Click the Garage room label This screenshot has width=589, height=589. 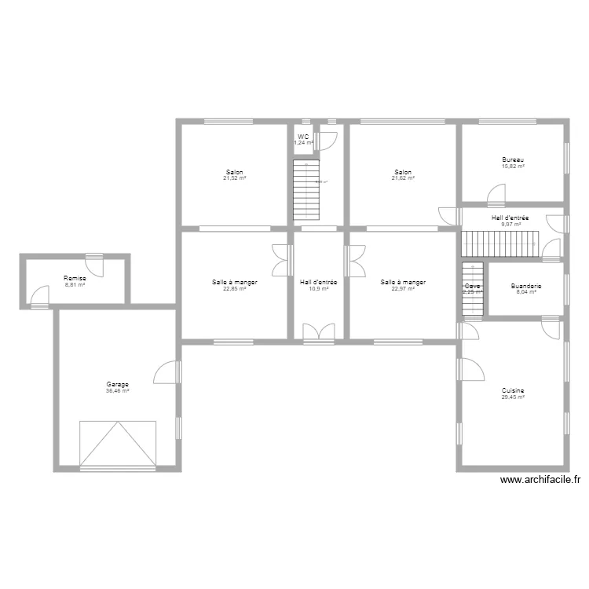(x=118, y=384)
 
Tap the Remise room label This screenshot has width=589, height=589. (x=75, y=278)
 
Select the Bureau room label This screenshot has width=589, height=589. (x=513, y=159)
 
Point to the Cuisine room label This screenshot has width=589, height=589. (x=513, y=390)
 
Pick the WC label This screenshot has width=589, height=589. (x=303, y=137)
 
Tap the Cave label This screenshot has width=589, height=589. (x=471, y=286)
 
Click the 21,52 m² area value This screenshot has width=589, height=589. (x=234, y=178)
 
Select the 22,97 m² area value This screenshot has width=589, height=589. (x=403, y=288)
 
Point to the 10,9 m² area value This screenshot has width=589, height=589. (x=318, y=288)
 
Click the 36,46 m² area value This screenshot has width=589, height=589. (x=118, y=390)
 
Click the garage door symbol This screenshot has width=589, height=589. (x=118, y=444)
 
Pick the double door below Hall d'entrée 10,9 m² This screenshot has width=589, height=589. (x=318, y=332)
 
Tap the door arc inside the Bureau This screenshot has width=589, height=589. (x=497, y=193)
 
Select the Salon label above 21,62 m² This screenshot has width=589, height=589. (x=403, y=172)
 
